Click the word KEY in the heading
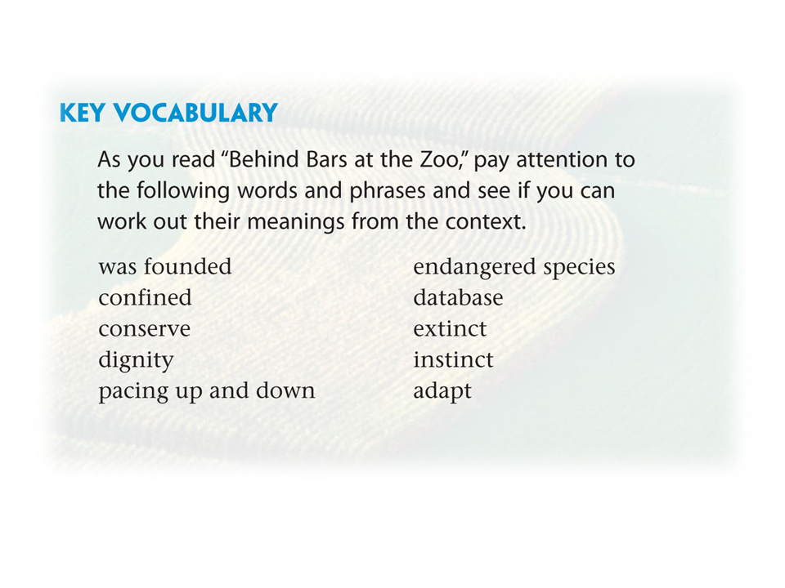tap(82, 113)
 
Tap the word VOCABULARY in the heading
tap(195, 113)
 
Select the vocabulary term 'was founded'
tap(165, 266)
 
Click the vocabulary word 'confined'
tap(146, 297)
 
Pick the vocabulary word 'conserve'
tap(145, 329)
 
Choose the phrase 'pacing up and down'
tap(207, 391)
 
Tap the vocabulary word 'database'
tap(458, 297)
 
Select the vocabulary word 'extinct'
tap(450, 329)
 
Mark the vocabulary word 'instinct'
tap(454, 360)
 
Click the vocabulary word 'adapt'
tap(442, 391)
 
